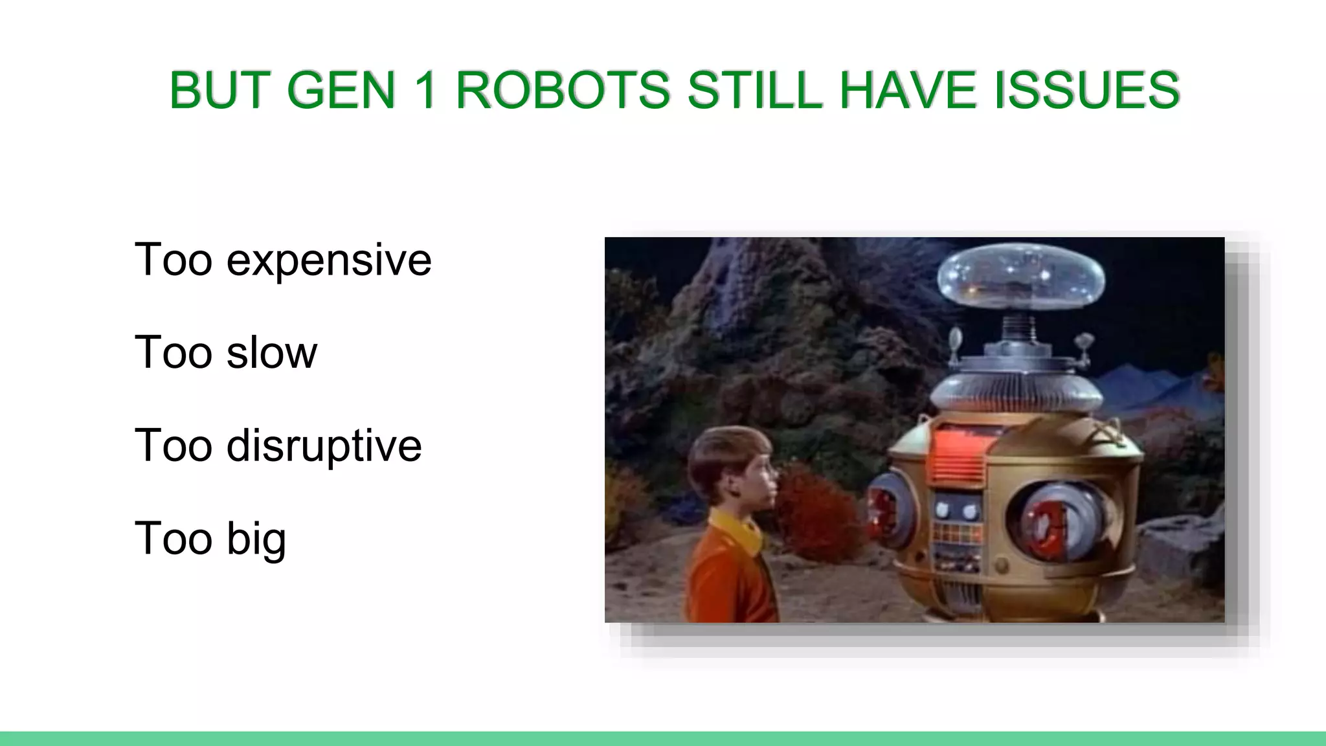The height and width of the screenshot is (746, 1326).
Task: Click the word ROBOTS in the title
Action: coord(563,90)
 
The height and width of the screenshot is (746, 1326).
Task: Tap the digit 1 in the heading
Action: coord(425,90)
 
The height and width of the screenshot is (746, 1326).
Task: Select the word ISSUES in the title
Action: coord(1087,90)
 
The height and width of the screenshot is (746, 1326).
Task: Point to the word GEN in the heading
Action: coord(341,90)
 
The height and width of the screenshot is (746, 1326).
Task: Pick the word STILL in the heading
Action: coord(754,90)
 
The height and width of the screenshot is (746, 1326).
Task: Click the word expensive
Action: coord(328,260)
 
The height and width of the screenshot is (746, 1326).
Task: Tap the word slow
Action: coord(272,353)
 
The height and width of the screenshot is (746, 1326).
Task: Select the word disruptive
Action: coord(324,446)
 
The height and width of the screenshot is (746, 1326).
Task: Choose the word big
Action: coord(256,539)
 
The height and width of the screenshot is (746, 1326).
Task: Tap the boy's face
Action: coord(758,479)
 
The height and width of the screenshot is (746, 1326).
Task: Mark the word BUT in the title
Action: coord(219,90)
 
